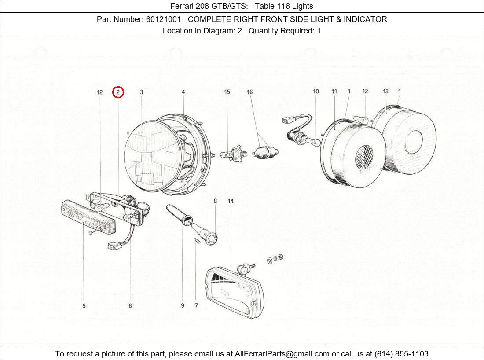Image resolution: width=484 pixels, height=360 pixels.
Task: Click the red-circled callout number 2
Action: tap(118, 92)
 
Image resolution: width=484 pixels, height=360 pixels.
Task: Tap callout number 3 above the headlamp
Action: tap(142, 92)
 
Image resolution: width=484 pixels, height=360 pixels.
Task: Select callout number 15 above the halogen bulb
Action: tap(227, 92)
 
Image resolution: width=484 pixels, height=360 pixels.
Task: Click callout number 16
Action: tap(249, 92)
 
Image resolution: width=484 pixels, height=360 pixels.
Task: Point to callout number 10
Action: tap(316, 92)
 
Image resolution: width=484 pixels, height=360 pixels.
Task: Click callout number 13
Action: tap(385, 92)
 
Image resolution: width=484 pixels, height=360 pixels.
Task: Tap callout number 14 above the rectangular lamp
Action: tap(231, 201)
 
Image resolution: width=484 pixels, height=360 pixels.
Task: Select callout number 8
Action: tap(215, 201)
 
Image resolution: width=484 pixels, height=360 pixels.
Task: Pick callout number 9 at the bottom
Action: tap(183, 306)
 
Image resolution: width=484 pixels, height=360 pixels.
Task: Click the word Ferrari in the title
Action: tap(183, 6)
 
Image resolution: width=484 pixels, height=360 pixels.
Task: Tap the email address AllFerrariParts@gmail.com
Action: tap(282, 354)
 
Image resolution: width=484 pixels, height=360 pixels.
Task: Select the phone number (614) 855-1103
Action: tap(401, 354)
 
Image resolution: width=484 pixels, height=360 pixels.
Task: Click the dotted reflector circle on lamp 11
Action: tap(364, 157)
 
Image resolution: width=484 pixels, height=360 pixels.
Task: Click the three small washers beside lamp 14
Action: tap(275, 259)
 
